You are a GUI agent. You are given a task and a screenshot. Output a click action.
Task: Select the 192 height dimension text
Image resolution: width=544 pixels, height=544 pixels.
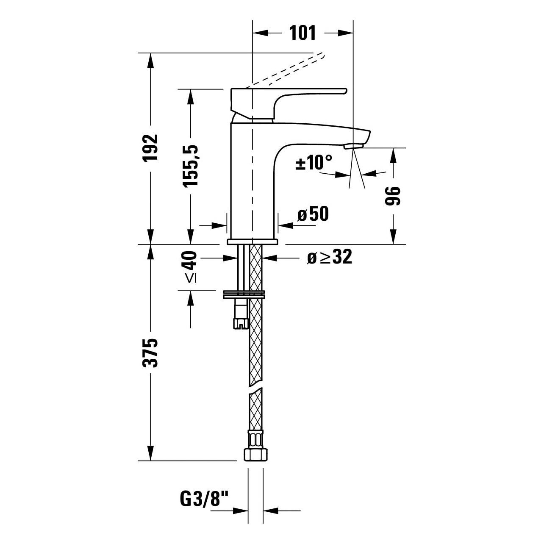[150, 148]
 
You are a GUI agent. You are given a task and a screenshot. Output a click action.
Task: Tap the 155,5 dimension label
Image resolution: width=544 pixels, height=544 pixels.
[191, 166]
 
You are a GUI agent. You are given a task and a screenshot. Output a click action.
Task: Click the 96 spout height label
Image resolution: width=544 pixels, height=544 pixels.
[393, 196]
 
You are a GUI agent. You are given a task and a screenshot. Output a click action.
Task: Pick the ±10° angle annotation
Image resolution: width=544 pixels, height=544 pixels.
[314, 162]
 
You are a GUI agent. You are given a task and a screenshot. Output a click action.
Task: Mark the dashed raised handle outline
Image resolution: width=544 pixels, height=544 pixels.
[285, 70]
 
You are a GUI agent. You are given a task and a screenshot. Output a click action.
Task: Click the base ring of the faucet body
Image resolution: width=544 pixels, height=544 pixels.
[253, 241]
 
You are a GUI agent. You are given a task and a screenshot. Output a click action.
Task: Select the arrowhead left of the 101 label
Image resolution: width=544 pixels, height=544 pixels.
[260, 33]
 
